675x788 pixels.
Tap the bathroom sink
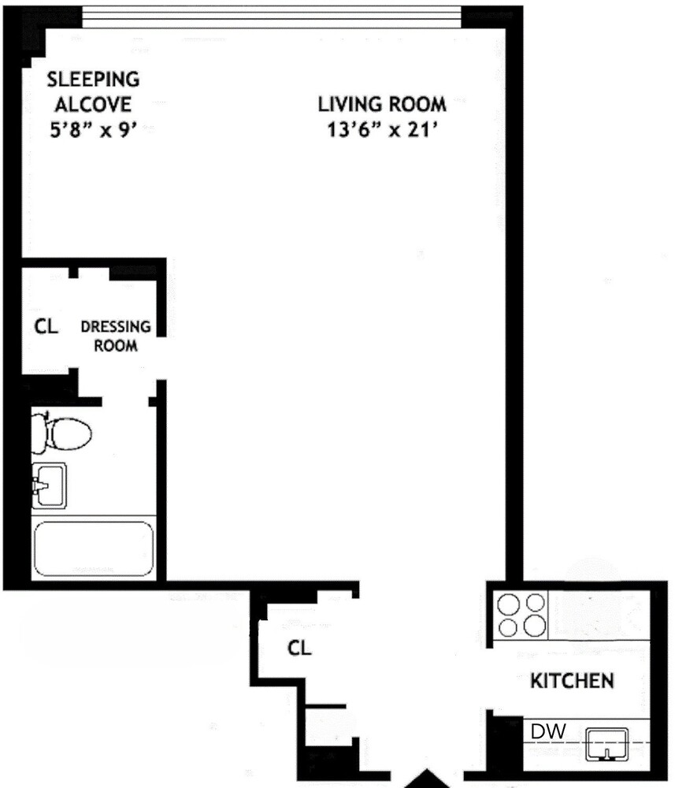point(50,485)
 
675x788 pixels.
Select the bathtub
point(93,548)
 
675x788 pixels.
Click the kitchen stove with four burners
point(521,615)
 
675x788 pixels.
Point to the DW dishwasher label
point(547,731)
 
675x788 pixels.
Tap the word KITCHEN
point(572,680)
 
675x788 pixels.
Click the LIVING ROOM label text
point(382,104)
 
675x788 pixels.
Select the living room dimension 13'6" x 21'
point(382,128)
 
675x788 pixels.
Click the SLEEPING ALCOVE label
point(93,91)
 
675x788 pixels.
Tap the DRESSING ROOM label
point(116,336)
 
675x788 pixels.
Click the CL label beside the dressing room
point(46,326)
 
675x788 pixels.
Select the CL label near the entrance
point(299,649)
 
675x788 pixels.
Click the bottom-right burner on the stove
point(535,626)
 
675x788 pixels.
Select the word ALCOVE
point(93,104)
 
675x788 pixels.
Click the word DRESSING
point(116,326)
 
